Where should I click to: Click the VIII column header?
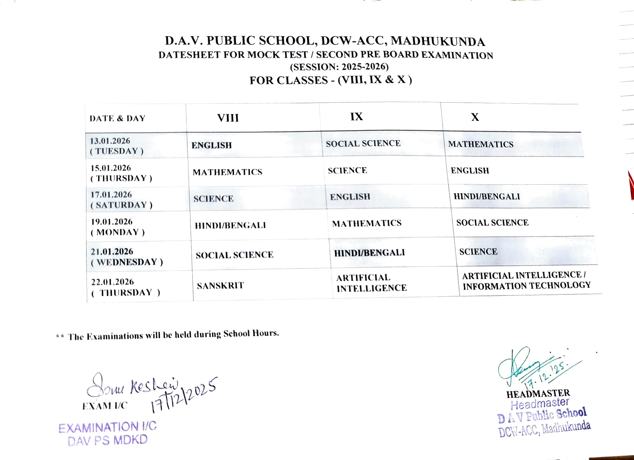coord(228,118)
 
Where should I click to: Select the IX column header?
coord(357,117)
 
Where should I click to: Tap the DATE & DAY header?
coord(117,119)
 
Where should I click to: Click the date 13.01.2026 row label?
coord(110,141)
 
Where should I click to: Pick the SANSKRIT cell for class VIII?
coord(220,286)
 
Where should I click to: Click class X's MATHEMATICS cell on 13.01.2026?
coord(481,144)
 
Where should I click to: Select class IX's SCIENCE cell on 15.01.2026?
coord(347,170)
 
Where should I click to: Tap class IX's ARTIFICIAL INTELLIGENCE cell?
coord(371,283)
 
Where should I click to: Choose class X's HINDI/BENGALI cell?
coord(487,197)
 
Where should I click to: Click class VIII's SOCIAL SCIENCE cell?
coord(235,255)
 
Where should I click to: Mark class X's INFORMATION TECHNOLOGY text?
coord(527,286)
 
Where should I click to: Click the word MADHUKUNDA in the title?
coord(438,41)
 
